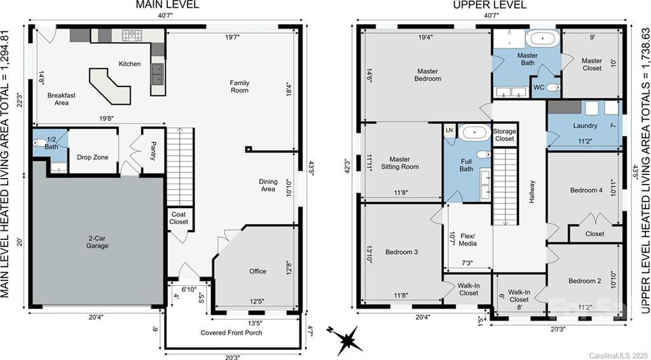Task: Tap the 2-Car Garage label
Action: [x=97, y=242]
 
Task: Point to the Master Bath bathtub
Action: [x=542, y=38]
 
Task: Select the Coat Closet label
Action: [x=179, y=218]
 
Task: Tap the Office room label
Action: [x=257, y=272]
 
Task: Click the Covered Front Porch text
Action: [x=231, y=333]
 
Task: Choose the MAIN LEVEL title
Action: [x=168, y=5]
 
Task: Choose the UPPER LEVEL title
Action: [x=489, y=5]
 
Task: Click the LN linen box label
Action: [x=449, y=130]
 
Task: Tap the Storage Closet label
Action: [x=504, y=135]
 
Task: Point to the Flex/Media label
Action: [x=467, y=240]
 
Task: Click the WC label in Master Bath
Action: [x=538, y=87]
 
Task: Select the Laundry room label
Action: [x=585, y=126]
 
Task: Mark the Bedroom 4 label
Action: [x=586, y=190]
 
